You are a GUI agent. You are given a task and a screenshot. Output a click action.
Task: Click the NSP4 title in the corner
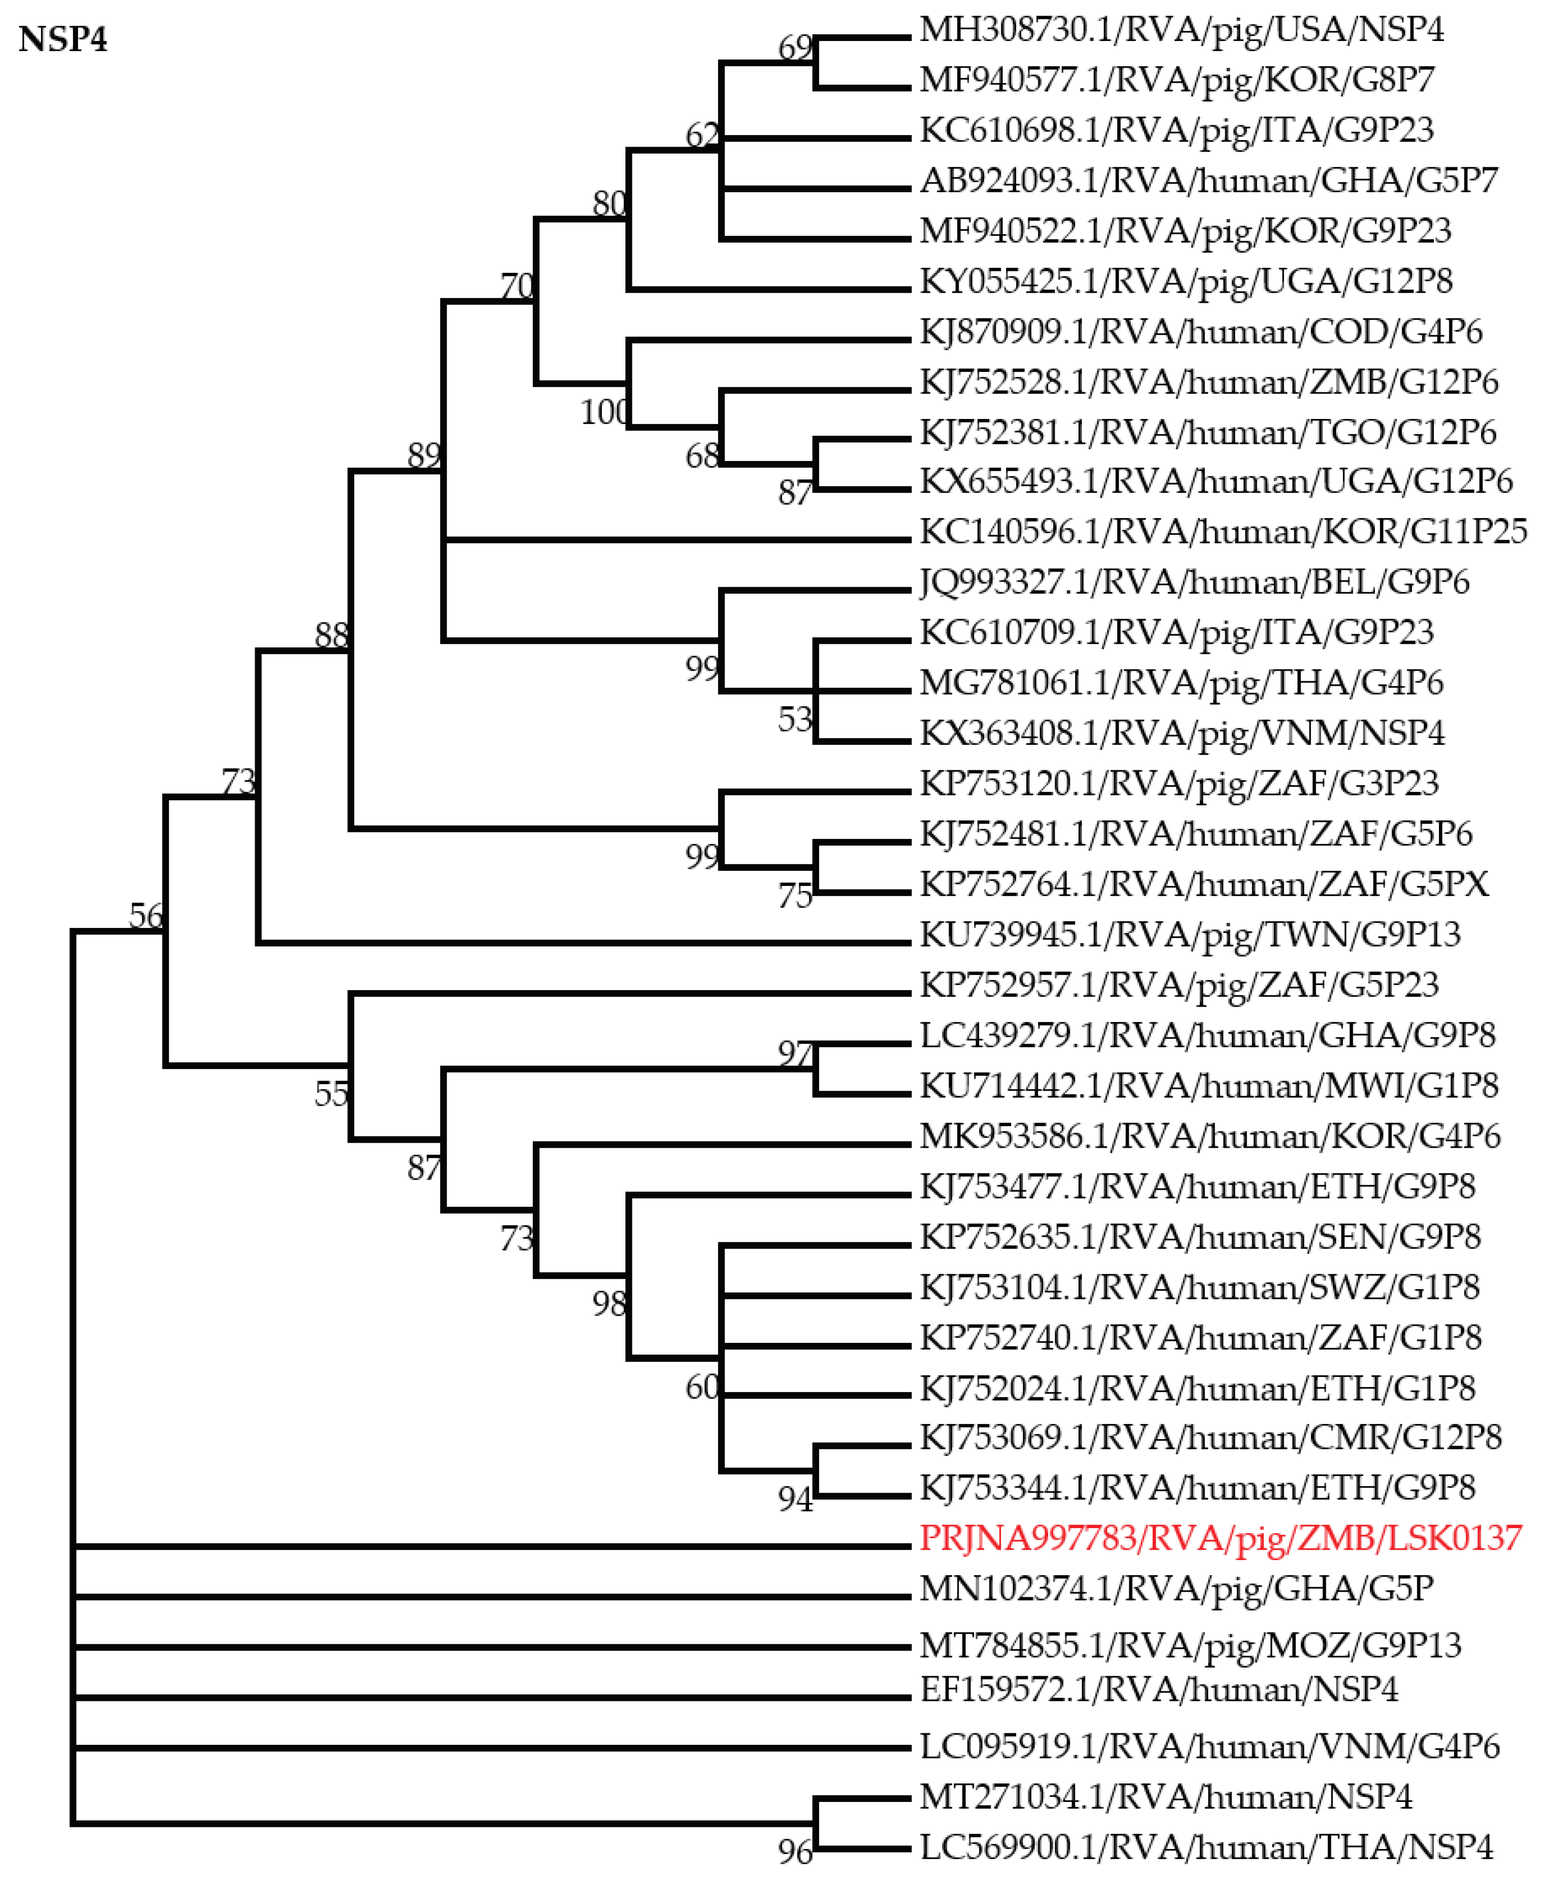[63, 40]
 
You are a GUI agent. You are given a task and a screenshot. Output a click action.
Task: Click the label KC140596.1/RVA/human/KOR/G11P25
[1223, 532]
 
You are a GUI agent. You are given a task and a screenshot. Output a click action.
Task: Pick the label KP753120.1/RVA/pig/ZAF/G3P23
[1179, 783]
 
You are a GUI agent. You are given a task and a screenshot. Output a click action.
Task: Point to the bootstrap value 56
[146, 915]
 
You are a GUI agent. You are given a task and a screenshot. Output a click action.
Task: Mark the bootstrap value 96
[795, 1853]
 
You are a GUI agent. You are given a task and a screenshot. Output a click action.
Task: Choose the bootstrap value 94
[795, 1500]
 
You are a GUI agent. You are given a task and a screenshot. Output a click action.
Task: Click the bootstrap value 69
[795, 47]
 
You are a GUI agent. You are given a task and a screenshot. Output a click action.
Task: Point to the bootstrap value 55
[332, 1094]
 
